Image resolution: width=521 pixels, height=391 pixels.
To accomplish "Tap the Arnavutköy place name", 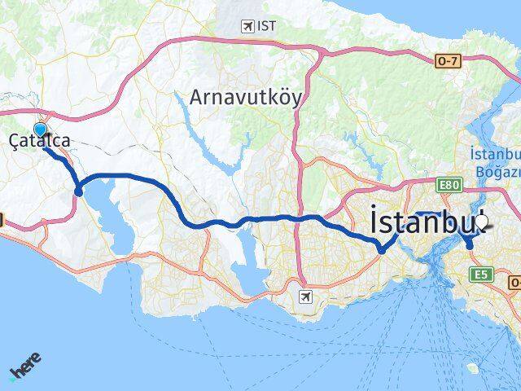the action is coord(245,98).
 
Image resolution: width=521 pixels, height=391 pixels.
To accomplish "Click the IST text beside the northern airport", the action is coord(266,26).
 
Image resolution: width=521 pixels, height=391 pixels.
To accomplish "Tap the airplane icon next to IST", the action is coord(247,26).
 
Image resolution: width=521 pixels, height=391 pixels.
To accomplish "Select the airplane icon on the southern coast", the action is coord(304,296).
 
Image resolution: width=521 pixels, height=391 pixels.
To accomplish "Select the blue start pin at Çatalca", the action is coord(41,128).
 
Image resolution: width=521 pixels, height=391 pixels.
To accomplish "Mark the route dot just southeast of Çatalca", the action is coord(78,191).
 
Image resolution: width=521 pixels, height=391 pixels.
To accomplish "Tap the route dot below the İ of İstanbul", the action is coord(381,250).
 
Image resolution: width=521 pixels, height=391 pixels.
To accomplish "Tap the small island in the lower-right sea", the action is coord(473,368).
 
